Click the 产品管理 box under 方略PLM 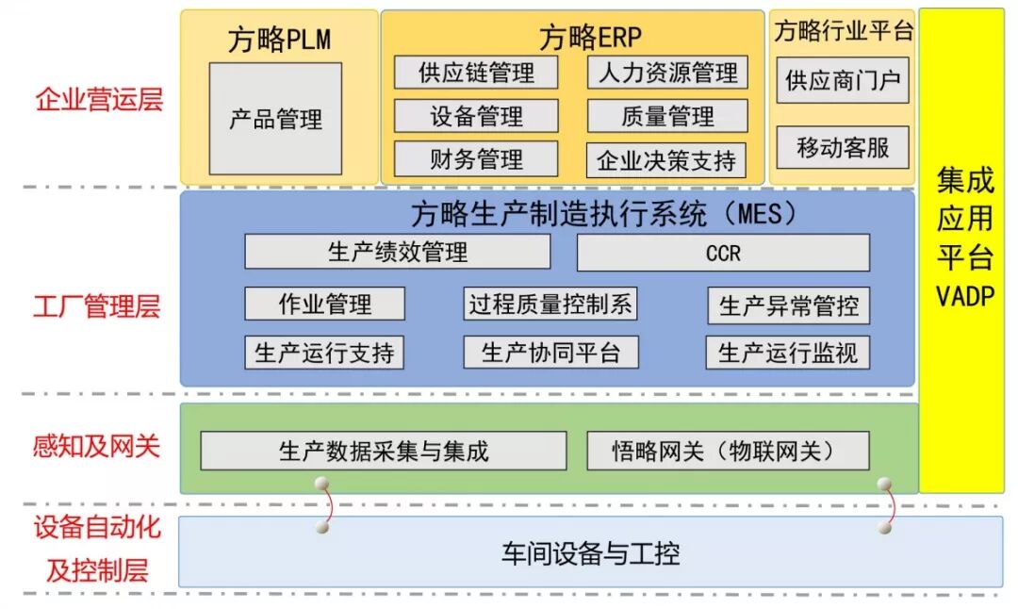tap(275, 119)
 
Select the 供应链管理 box tap(476, 73)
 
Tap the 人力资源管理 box tap(667, 73)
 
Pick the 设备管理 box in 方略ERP tap(476, 116)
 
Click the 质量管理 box tap(667, 116)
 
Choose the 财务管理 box tap(476, 159)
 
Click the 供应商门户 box tap(843, 81)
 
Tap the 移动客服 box tap(843, 147)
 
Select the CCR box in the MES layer tap(723, 253)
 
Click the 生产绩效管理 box tap(397, 252)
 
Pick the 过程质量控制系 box tap(550, 304)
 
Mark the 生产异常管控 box tap(788, 305)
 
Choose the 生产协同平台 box tap(550, 353)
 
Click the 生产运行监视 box tap(787, 353)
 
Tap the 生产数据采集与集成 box tap(384, 451)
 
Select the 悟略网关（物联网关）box tap(728, 451)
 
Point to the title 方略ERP tap(590, 37)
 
